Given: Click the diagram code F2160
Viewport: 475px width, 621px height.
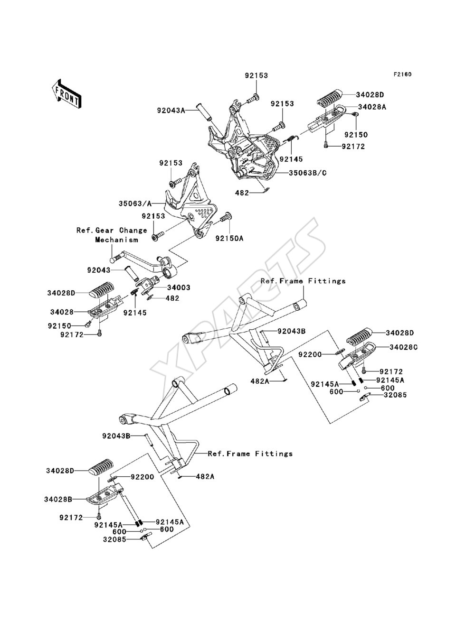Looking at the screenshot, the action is pyautogui.click(x=402, y=74).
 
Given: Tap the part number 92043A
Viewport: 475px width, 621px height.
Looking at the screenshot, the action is pyautogui.click(x=171, y=111).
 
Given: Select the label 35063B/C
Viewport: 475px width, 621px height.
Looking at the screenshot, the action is pyautogui.click(x=308, y=173).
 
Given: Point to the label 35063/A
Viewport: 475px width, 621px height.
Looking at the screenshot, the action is pyautogui.click(x=134, y=204).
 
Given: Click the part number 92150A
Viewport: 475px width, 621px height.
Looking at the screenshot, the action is pyautogui.click(x=229, y=238).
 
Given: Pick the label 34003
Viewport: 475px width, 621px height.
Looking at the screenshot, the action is pyautogui.click(x=179, y=287).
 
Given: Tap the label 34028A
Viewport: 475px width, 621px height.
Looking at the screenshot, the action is pyautogui.click(x=372, y=107).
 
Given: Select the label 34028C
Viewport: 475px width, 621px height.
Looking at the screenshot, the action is pyautogui.click(x=404, y=347).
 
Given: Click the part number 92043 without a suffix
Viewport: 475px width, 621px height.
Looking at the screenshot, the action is pyautogui.click(x=99, y=270).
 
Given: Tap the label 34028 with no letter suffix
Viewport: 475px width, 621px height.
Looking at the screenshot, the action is pyautogui.click(x=62, y=312).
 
